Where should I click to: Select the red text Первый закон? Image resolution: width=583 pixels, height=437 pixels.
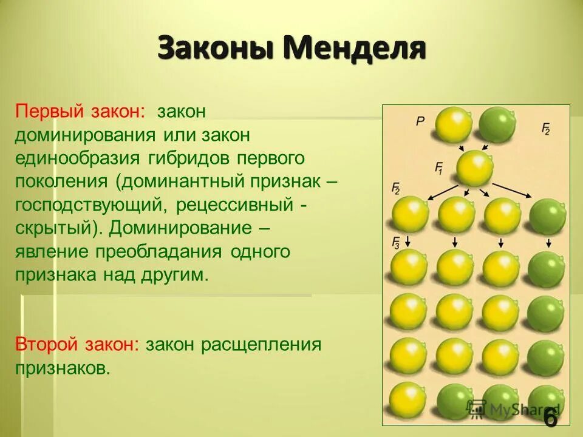[80, 112]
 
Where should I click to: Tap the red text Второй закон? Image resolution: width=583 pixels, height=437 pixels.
[77, 345]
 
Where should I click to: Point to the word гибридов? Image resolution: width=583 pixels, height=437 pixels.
[188, 158]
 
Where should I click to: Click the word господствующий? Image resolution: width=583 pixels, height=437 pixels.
[87, 205]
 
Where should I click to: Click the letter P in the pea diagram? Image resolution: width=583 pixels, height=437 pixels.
[420, 121]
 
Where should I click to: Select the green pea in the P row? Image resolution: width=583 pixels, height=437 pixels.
[497, 124]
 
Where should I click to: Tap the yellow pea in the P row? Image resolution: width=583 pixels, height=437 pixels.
[453, 124]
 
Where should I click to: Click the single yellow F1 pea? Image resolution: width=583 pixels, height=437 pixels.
[474, 168]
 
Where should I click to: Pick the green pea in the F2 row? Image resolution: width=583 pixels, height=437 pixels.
[547, 215]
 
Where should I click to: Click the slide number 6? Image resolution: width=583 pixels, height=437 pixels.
[550, 418]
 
